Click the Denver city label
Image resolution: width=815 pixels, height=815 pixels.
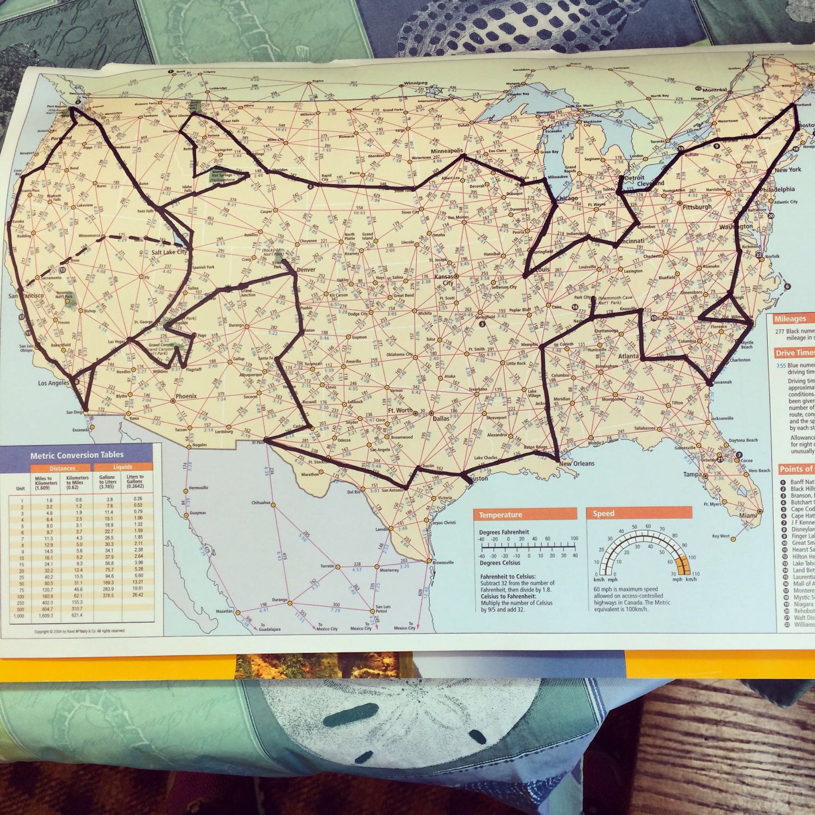(306, 269)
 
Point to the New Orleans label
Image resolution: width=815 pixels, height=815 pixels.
(576, 464)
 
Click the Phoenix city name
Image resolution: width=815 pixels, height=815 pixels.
(186, 396)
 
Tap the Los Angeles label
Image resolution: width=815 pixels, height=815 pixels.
(54, 384)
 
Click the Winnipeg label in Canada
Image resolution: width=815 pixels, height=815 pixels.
(416, 84)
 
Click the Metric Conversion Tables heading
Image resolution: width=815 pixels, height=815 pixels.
(77, 455)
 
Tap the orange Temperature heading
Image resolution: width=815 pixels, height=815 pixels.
(500, 515)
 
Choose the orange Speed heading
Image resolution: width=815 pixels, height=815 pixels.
(604, 513)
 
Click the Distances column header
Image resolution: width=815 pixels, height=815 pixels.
(62, 468)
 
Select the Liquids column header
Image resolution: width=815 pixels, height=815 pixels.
(123, 467)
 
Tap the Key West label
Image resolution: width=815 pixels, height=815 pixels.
(721, 536)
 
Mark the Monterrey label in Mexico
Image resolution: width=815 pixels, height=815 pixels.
(389, 570)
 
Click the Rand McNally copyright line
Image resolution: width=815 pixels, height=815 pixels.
(79, 631)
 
